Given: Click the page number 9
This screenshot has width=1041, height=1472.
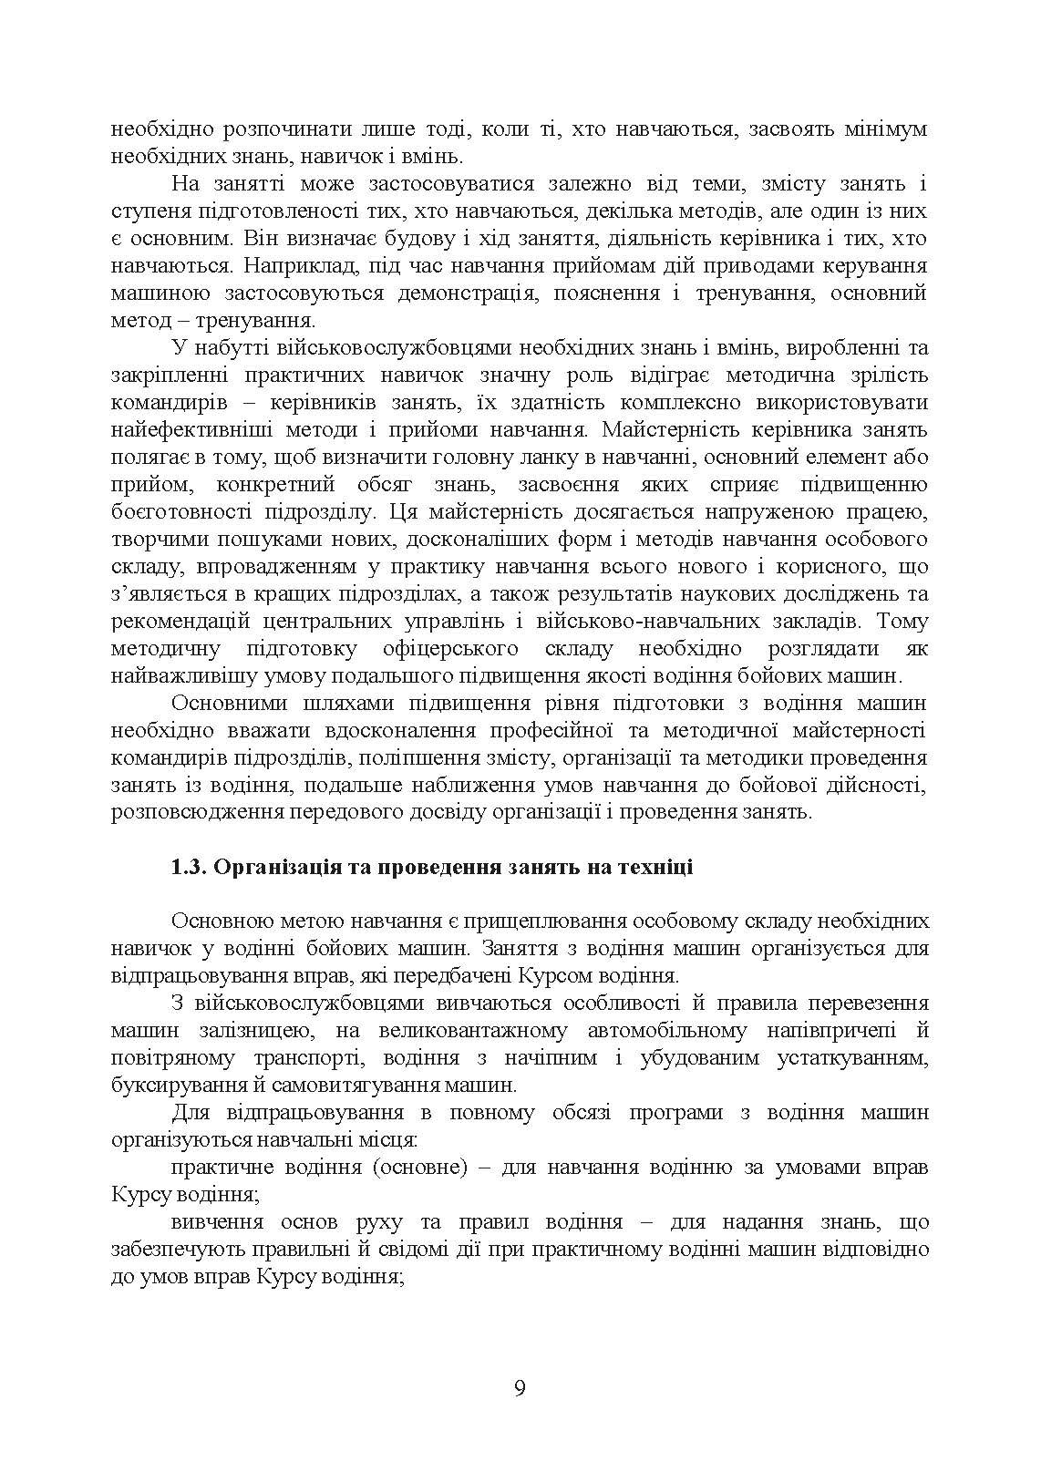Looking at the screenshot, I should tap(520, 1388).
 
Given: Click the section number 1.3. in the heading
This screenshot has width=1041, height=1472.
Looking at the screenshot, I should tap(190, 867).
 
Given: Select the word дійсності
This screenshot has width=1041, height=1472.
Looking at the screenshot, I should tap(879, 786).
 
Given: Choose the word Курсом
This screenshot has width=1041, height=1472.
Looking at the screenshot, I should tap(558, 976).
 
